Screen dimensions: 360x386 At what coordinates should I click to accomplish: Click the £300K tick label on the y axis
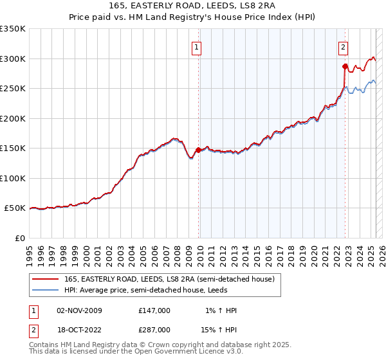(x=13, y=59)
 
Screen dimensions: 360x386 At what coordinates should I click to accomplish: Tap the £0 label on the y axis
(x=19, y=238)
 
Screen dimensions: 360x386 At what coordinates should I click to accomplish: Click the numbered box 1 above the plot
(x=196, y=46)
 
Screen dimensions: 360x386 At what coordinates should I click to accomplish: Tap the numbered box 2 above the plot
(x=344, y=46)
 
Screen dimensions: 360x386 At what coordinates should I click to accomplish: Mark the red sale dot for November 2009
(x=198, y=150)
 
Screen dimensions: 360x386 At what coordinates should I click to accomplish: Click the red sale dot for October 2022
(x=345, y=66)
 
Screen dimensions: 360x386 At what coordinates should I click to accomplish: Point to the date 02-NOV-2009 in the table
(x=79, y=310)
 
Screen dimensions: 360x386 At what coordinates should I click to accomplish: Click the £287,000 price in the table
(x=154, y=329)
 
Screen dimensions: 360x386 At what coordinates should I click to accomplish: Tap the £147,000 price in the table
(x=154, y=310)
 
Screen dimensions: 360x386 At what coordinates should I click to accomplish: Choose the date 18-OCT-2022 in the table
(x=79, y=329)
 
